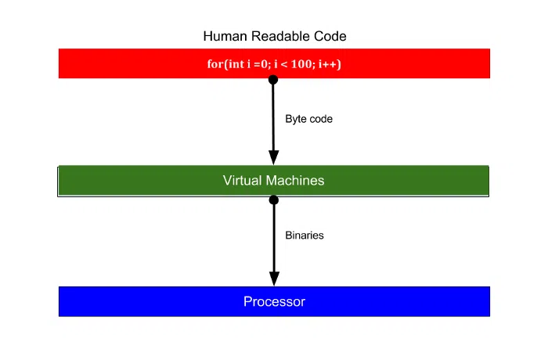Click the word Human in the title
(225, 36)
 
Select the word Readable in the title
(280, 36)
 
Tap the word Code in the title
(330, 36)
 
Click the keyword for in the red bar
(215, 64)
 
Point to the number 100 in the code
(301, 64)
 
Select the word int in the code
(236, 64)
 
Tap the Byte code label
(309, 119)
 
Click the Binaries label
(305, 236)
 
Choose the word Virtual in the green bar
(243, 181)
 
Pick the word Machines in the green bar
(295, 181)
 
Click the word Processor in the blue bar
(274, 301)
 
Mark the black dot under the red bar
(273, 80)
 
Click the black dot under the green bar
(274, 200)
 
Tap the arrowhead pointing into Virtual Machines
(274, 157)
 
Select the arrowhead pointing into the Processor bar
(274, 279)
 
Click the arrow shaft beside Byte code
(273, 118)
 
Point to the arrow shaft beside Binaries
(274, 239)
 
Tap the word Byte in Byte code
(296, 120)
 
